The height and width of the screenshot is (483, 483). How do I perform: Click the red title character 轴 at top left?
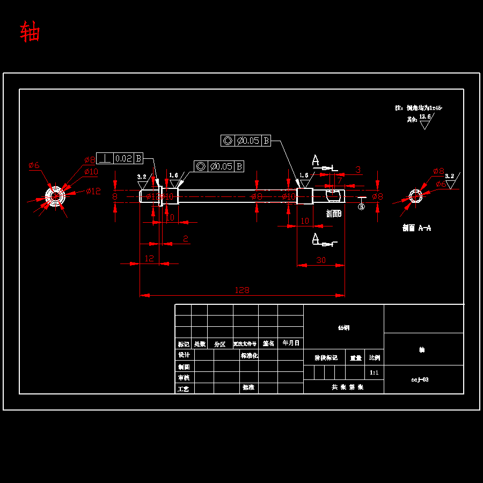(30, 32)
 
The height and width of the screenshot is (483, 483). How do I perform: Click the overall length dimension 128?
(242, 290)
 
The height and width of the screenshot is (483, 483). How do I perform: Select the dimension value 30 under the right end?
(321, 260)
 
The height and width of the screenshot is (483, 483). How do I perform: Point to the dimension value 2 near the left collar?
(186, 239)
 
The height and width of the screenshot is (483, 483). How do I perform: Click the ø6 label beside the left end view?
(34, 165)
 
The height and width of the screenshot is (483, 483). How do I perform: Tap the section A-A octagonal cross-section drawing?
(415, 196)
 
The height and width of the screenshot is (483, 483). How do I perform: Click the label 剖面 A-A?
(416, 228)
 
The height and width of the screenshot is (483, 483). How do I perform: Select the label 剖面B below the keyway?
(334, 213)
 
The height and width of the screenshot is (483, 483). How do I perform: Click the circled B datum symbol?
(361, 207)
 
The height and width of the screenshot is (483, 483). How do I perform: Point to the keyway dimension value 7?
(339, 180)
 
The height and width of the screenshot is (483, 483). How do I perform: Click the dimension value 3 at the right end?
(358, 170)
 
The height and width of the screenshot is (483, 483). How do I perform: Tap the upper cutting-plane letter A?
(316, 160)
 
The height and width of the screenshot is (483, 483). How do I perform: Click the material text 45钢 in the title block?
(343, 327)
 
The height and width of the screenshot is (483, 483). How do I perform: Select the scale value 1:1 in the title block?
(374, 372)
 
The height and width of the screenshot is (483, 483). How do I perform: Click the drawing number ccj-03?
(420, 379)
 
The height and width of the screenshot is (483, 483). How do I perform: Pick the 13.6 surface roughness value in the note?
(425, 116)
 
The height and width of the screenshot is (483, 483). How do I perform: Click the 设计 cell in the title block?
(184, 355)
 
